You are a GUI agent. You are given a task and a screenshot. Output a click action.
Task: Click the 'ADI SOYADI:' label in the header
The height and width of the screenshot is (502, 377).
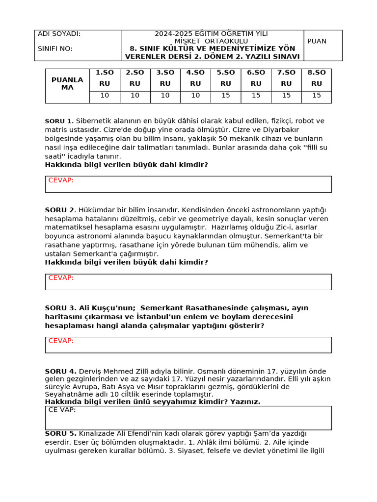(x=59, y=34)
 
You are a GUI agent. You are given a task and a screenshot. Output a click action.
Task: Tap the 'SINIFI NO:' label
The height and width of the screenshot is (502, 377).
(x=55, y=49)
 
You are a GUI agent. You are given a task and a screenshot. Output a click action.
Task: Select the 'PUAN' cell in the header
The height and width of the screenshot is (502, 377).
(x=317, y=41)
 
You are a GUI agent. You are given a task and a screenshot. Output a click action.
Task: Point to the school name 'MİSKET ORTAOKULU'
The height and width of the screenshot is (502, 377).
(x=211, y=41)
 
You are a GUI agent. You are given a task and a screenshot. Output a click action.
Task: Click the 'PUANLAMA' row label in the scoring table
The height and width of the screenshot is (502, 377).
(x=67, y=83)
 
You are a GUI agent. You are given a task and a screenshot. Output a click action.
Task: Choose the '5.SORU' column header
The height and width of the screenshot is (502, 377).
(x=226, y=78)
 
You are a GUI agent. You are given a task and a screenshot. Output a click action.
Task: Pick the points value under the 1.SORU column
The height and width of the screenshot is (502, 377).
(x=105, y=96)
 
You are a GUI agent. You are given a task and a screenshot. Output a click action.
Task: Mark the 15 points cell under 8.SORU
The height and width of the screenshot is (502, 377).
(x=317, y=96)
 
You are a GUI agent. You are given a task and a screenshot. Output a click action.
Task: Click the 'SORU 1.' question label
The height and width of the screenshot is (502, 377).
(x=59, y=121)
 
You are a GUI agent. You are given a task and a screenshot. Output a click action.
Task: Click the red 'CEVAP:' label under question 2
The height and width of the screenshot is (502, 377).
(x=61, y=278)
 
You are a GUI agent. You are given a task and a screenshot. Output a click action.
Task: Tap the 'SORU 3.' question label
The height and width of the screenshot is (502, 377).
(x=60, y=308)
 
